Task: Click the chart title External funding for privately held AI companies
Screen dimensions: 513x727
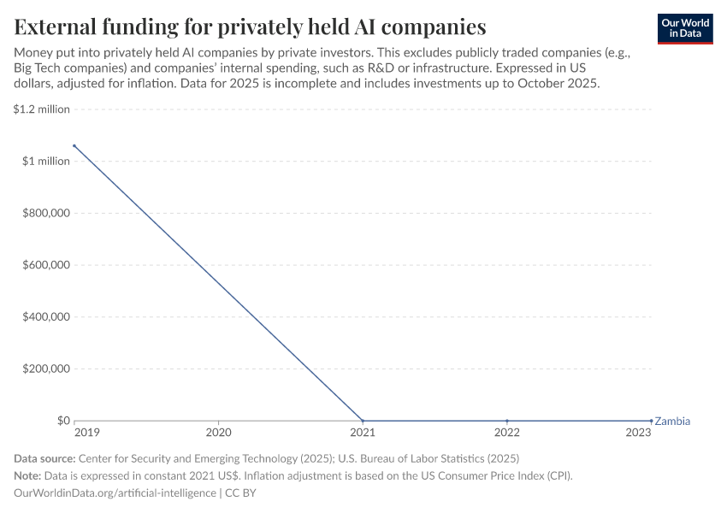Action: [250, 27]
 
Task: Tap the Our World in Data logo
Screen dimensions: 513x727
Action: [685, 28]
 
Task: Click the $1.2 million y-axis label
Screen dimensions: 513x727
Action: [42, 109]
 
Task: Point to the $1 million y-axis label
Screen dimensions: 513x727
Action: [46, 162]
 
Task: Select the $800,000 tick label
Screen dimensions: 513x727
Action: [46, 213]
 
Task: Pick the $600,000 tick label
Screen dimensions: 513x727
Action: [46, 265]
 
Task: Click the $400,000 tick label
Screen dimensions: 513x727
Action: [46, 317]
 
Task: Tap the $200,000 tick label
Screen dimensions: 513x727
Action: [46, 369]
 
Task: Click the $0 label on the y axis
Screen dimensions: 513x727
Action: [63, 421]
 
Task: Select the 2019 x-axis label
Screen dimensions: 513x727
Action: [87, 433]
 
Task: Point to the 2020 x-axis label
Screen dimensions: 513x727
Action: [219, 433]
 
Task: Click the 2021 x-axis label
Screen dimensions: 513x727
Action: [363, 433]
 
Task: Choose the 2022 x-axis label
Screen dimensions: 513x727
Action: [508, 433]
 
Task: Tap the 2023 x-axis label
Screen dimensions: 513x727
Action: [639, 433]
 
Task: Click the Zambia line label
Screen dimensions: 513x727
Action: [672, 421]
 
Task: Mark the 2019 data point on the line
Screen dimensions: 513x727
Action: [74, 146]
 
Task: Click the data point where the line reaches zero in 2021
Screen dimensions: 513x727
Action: [363, 421]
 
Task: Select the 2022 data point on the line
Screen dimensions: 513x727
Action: [508, 421]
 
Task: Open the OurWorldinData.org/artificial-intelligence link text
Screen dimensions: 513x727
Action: [115, 492]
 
